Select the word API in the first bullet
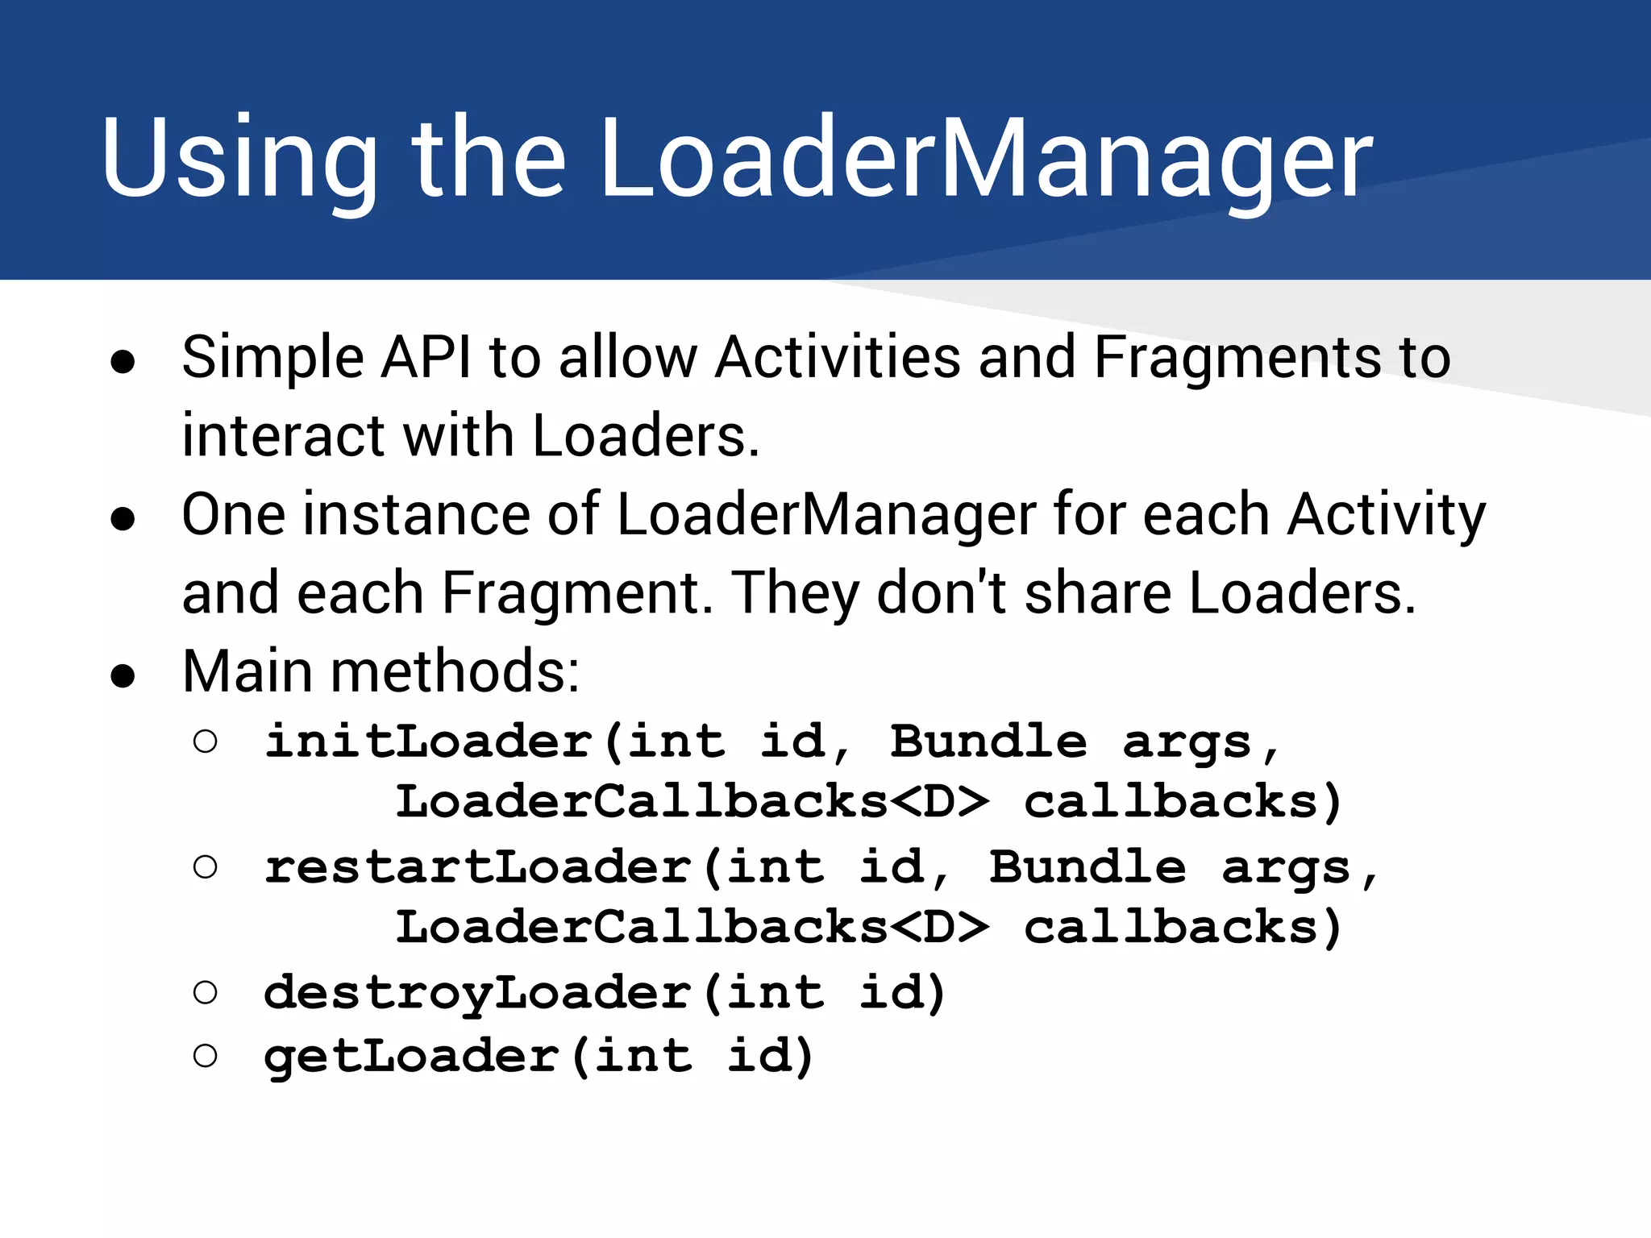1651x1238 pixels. coord(426,357)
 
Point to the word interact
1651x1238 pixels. coord(282,436)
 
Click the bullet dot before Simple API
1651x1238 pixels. coord(123,364)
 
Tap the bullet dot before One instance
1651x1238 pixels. coord(123,521)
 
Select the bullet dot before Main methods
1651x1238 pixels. coord(123,678)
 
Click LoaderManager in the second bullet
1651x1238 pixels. coord(826,514)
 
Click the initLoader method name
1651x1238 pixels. coord(428,742)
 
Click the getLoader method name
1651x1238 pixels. coord(412,1056)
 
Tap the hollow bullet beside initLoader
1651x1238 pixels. coord(206,742)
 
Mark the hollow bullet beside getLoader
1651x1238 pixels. coord(206,1056)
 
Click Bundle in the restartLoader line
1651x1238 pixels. coord(1087,867)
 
